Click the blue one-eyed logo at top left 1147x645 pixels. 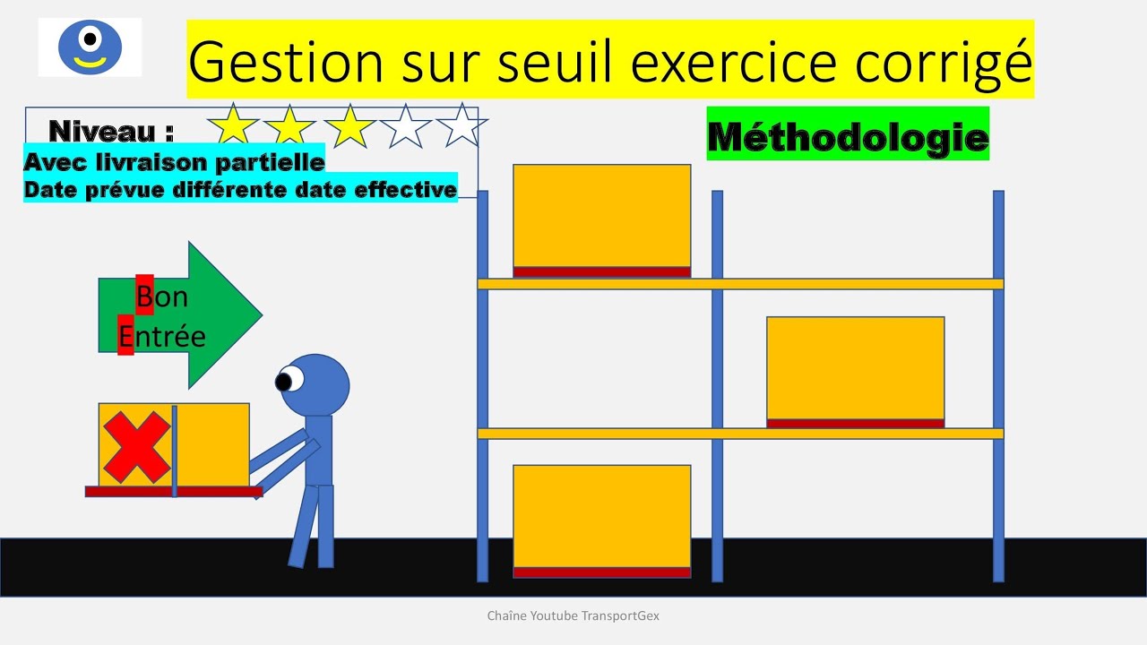tap(90, 47)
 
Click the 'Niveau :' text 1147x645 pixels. tap(111, 132)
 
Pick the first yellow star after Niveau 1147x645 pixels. tap(233, 125)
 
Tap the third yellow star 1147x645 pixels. tap(349, 125)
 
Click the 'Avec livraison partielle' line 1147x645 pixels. tap(174, 162)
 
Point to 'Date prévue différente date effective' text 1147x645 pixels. tap(240, 190)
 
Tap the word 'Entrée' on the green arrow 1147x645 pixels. tap(162, 336)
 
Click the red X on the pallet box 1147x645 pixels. tap(136, 445)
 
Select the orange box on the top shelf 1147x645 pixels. tap(601, 215)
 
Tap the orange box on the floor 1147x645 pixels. tap(601, 516)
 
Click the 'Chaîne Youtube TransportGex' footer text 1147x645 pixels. tap(573, 616)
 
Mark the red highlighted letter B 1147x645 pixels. tap(144, 295)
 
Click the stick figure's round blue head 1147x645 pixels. tap(318, 385)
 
